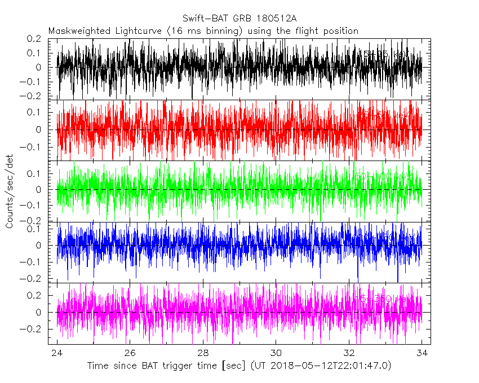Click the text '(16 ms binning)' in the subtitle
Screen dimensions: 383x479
209,31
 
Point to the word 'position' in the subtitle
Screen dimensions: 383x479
339,31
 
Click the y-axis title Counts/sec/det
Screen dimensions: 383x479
10,192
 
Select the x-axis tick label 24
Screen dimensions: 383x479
57,353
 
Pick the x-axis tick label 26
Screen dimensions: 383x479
130,353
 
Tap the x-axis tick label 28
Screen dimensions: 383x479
203,353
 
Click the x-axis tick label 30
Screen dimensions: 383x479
276,353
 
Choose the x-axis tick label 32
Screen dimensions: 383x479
349,353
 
